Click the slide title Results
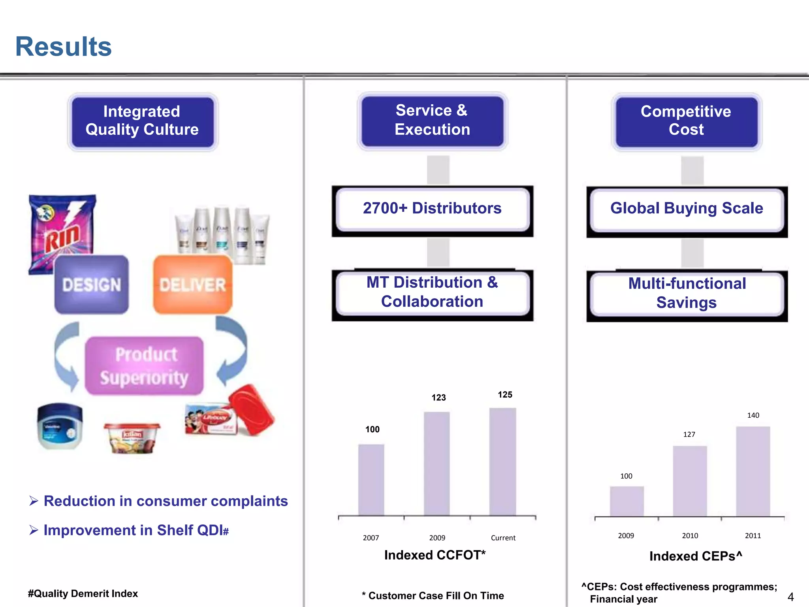pos(63,47)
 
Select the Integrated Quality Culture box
pos(142,121)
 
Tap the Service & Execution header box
pos(432,120)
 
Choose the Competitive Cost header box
pos(686,121)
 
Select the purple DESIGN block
pos(92,285)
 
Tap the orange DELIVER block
pos(193,285)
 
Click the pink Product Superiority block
pos(145,366)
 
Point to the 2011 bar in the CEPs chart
pos(753,471)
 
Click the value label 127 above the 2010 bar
pos(689,434)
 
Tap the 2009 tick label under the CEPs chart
pos(626,536)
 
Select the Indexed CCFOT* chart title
pos(435,555)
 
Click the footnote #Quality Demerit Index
pos(83,594)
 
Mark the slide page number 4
pos(790,597)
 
